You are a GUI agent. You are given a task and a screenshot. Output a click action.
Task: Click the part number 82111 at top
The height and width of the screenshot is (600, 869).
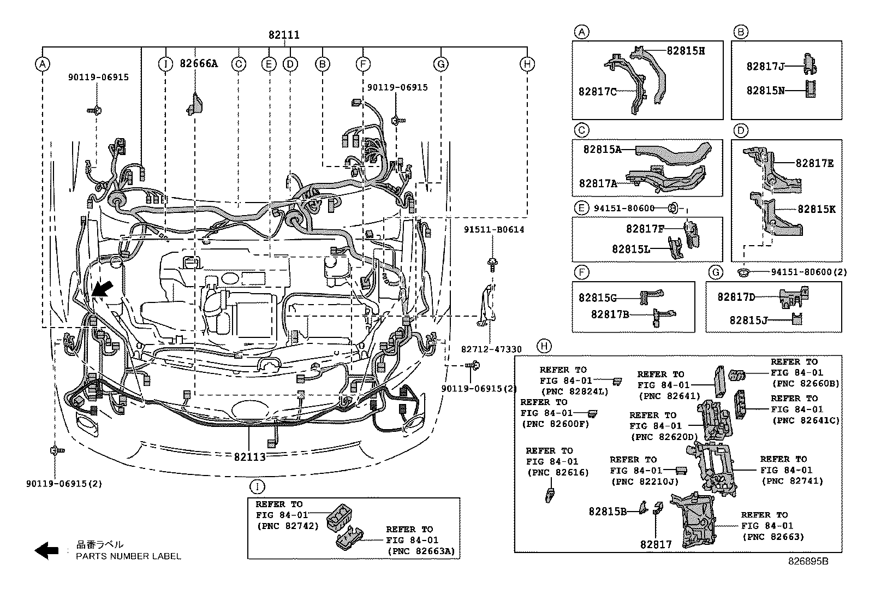(x=284, y=35)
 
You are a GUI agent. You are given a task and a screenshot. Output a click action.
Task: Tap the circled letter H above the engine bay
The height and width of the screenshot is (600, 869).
(x=527, y=64)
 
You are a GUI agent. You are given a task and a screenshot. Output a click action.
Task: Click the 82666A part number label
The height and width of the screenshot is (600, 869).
(x=199, y=64)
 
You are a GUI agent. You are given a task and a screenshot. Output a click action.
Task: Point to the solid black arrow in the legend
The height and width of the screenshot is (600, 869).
(x=46, y=550)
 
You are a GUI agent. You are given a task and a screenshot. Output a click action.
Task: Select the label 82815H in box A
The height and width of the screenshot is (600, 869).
(x=686, y=51)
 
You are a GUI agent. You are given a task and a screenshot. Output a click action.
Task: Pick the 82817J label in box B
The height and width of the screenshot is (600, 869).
(x=765, y=67)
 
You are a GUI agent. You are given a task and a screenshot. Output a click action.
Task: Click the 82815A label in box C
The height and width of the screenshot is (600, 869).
(x=602, y=149)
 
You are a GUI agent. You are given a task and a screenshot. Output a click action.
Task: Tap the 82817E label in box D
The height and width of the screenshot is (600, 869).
(x=814, y=163)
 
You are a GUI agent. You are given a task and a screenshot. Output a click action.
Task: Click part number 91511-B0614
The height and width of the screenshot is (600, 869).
(x=495, y=229)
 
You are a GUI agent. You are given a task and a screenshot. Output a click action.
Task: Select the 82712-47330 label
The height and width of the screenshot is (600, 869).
(x=491, y=349)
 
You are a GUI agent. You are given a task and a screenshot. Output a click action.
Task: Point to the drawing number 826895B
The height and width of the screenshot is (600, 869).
(x=807, y=561)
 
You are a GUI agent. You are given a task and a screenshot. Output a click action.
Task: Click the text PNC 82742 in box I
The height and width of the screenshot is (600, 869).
(x=287, y=526)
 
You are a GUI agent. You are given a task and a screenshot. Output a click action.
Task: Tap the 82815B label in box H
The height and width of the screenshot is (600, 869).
(x=607, y=512)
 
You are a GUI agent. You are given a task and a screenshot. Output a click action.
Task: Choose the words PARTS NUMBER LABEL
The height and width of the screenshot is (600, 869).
(x=128, y=556)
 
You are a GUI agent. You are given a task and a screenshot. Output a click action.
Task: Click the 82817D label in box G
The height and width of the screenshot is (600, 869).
(x=736, y=297)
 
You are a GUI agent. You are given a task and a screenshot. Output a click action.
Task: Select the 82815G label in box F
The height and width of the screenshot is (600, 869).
(x=597, y=298)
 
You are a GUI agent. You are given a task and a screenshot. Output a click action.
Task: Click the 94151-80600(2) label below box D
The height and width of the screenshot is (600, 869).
(x=809, y=272)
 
